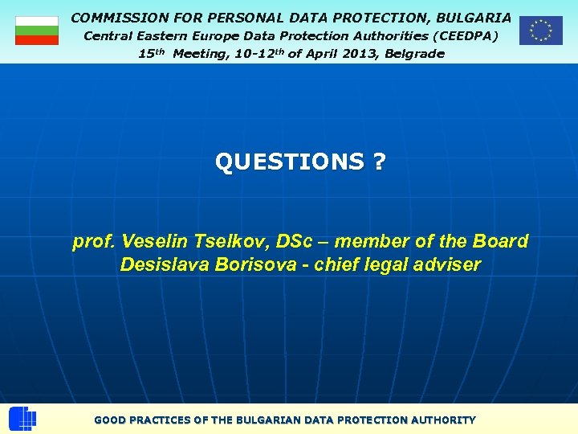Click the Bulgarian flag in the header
click(x=37, y=31)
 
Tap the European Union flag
click(x=540, y=31)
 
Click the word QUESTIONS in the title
click(x=289, y=162)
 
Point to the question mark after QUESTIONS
click(x=378, y=162)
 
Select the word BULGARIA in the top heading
click(x=474, y=17)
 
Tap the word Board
click(x=503, y=241)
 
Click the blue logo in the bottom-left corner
click(x=22, y=419)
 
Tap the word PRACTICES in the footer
click(x=170, y=420)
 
